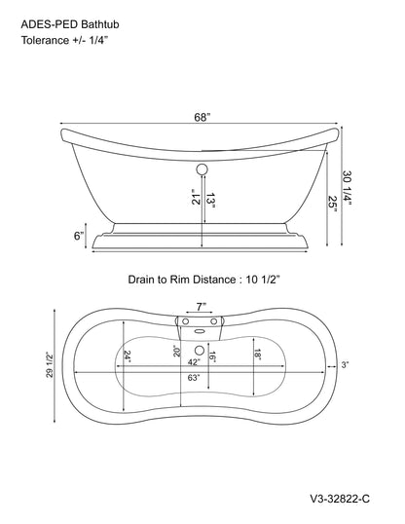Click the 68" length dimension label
click(202, 117)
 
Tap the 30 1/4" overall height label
click(348, 189)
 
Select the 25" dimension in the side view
click(333, 202)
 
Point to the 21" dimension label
click(196, 197)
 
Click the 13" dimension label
click(210, 200)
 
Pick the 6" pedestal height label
click(78, 236)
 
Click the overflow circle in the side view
click(202, 169)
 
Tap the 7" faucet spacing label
click(201, 307)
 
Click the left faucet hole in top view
click(185, 321)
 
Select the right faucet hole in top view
click(213, 321)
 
